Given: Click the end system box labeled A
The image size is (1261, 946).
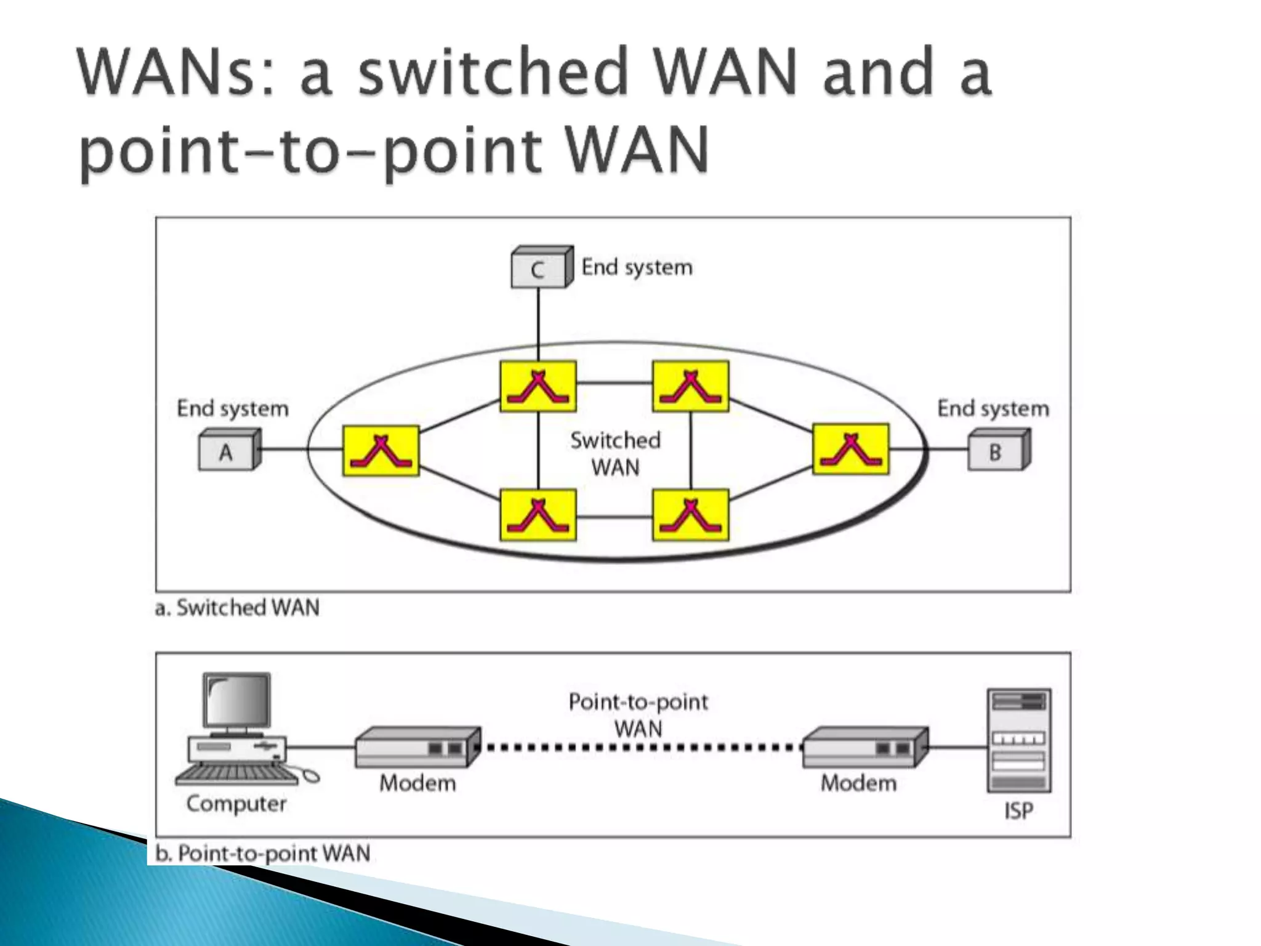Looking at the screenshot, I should [227, 452].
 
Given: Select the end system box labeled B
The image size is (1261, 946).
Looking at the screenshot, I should [996, 452].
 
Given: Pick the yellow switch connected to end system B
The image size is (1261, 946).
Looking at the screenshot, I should [850, 449].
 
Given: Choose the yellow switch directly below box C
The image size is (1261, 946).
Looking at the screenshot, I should [538, 386].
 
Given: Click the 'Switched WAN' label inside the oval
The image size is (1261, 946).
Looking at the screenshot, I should [615, 454].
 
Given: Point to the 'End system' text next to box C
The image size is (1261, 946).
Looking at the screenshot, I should [637, 267].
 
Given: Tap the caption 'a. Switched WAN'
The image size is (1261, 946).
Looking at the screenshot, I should [238, 608].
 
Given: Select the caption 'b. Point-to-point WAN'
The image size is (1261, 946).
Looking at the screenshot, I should [263, 853].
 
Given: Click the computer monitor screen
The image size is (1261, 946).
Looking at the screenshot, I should [237, 701].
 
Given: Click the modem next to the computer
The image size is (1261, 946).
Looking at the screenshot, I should [417, 747].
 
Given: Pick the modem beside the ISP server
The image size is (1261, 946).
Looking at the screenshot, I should [864, 747].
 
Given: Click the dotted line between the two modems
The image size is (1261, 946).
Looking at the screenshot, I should [640, 748].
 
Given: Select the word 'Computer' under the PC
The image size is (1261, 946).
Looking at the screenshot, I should [236, 804].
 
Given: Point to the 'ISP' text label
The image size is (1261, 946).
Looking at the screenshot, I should [1018, 811].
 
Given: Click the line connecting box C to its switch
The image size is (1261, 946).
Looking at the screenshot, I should [538, 323].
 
